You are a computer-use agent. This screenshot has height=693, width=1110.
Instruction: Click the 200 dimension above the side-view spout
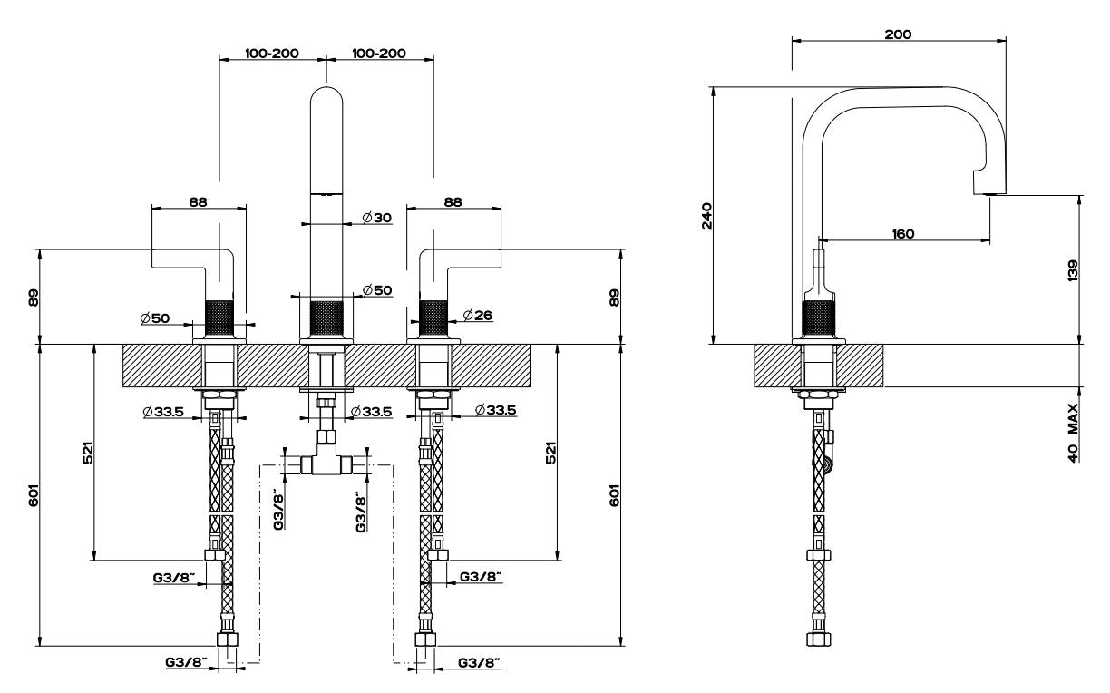[x=898, y=34]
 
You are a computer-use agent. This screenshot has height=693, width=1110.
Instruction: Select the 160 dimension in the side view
[x=903, y=233]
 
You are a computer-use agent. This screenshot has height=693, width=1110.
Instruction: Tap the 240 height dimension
[x=707, y=216]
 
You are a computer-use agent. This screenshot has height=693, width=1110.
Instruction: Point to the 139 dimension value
[x=1072, y=270]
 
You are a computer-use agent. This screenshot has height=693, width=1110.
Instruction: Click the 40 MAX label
[x=1073, y=434]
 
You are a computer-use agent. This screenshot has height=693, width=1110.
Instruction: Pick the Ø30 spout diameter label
[x=376, y=218]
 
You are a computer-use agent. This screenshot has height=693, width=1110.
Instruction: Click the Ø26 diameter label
[x=478, y=315]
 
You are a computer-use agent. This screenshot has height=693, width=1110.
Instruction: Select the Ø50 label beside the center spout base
[x=377, y=290]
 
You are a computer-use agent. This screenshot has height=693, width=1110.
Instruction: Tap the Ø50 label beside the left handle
[x=155, y=317]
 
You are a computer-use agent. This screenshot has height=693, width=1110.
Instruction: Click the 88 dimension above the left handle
[x=198, y=201]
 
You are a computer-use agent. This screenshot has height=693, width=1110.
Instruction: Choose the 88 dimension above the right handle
[x=453, y=201]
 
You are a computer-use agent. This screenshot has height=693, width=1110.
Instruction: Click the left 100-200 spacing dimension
[x=272, y=53]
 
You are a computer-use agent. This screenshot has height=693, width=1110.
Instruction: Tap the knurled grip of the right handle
[x=433, y=317]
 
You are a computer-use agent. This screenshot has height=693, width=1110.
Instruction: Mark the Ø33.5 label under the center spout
[x=371, y=412]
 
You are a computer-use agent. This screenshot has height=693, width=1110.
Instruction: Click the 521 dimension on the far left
[x=87, y=453]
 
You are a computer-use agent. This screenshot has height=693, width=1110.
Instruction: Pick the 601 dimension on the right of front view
[x=615, y=495]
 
